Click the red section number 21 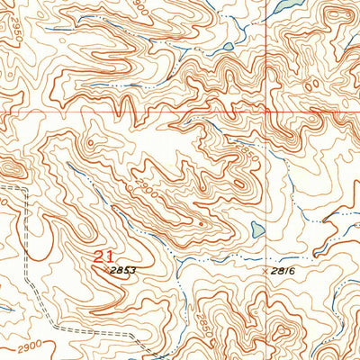103,256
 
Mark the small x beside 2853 107,268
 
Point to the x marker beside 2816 265,269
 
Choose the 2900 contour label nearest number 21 145,187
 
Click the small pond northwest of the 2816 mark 258,229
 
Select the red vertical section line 265,54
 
